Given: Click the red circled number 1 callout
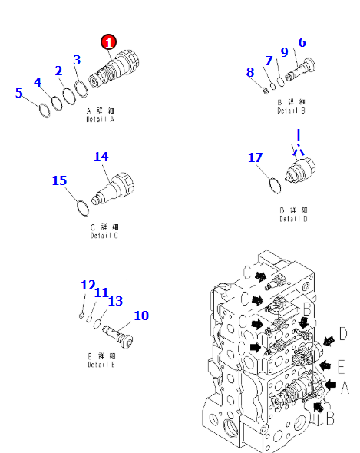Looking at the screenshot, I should pyautogui.click(x=109, y=43).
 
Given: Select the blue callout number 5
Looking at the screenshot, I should pyautogui.click(x=19, y=94).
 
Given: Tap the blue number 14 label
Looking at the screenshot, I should pyautogui.click(x=101, y=157).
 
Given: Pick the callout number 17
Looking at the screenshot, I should pyautogui.click(x=255, y=157).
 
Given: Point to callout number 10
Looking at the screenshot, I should pyautogui.click(x=141, y=316).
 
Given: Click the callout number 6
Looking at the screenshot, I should pyautogui.click(x=302, y=42).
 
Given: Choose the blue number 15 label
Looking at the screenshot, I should pyautogui.click(x=59, y=180).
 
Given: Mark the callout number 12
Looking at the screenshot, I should pyautogui.click(x=88, y=285).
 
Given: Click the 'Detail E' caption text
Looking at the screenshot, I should pyautogui.click(x=101, y=364).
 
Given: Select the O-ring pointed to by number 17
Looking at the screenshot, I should pyautogui.click(x=268, y=184).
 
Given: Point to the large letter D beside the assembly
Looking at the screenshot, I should pyautogui.click(x=342, y=334).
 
